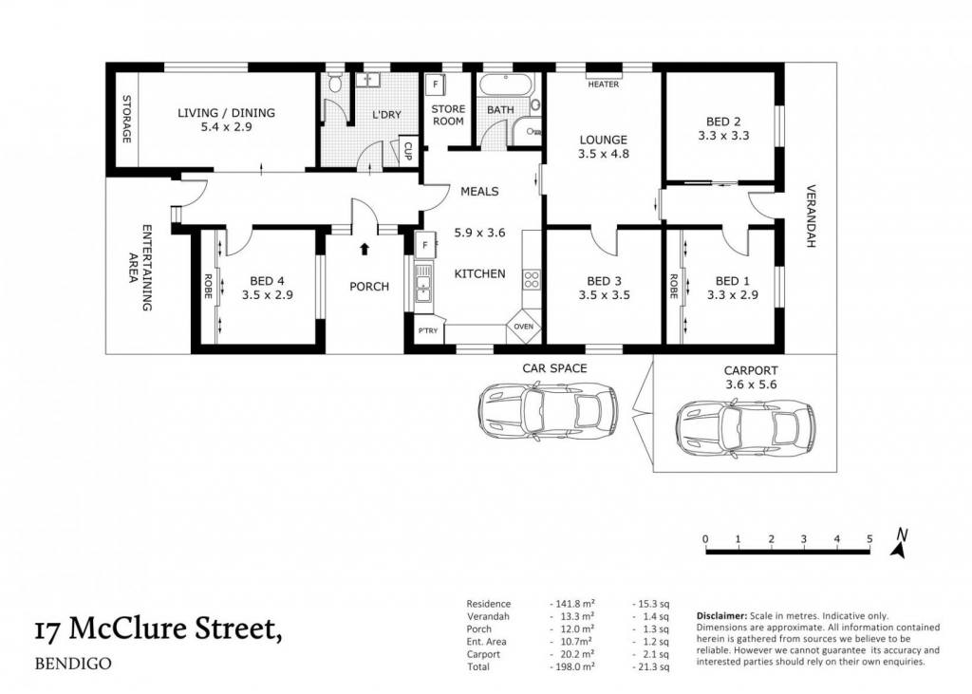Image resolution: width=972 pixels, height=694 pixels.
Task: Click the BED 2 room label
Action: click(x=722, y=122)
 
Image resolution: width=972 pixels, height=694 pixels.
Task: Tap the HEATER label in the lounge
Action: click(x=603, y=84)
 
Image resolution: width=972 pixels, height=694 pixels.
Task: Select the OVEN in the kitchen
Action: click(x=524, y=327)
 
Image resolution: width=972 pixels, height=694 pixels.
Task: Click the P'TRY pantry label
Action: click(x=428, y=330)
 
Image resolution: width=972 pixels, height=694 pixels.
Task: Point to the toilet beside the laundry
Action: click(x=335, y=84)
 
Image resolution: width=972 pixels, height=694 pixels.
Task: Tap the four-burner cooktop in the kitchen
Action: click(x=532, y=280)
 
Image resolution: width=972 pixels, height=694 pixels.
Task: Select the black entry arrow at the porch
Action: click(x=364, y=249)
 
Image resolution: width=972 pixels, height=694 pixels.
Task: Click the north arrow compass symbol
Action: click(x=899, y=543)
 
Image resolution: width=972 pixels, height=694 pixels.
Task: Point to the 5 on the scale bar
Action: click(x=869, y=539)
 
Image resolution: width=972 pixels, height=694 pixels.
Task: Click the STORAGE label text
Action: click(x=126, y=119)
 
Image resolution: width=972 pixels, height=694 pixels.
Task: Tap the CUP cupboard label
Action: click(x=408, y=151)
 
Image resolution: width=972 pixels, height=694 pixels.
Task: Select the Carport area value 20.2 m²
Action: click(x=572, y=654)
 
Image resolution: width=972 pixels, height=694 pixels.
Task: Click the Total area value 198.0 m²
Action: click(x=572, y=666)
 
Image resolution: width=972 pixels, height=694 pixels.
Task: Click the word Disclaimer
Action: click(x=721, y=616)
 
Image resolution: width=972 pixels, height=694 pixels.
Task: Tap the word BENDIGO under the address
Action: click(x=73, y=664)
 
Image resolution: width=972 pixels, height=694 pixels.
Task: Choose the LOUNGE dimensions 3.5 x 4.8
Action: click(x=604, y=153)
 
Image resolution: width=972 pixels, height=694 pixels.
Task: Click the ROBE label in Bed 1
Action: click(x=674, y=287)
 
